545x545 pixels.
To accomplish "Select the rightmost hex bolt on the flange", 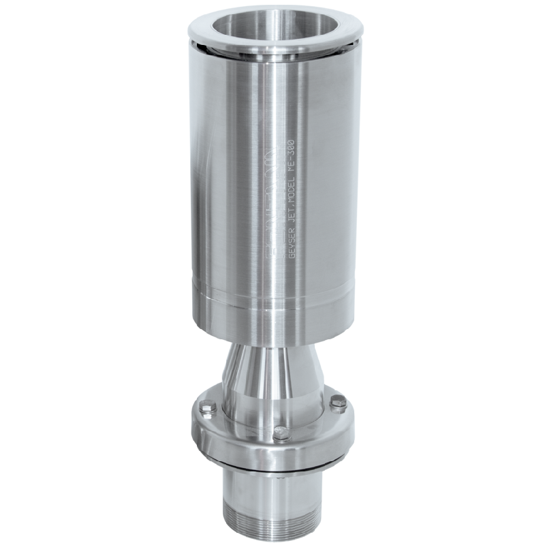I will (x=337, y=403).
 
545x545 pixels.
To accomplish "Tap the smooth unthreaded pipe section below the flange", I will (x=272, y=487).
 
